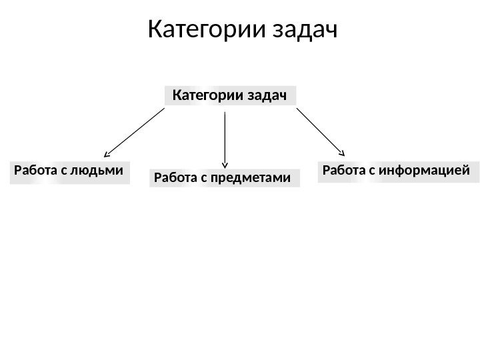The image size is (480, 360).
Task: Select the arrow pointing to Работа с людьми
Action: coord(135,132)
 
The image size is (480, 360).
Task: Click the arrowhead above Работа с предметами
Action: coord(226,163)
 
